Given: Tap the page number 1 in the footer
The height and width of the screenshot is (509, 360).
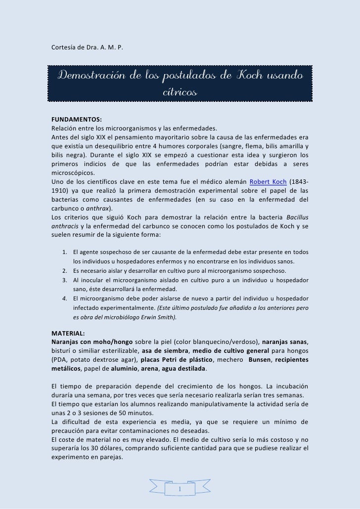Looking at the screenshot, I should [x=180, y=489].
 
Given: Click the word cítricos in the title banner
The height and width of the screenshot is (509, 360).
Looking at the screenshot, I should [x=180, y=92].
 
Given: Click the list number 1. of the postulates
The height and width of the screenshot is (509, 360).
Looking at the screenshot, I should [x=65, y=252].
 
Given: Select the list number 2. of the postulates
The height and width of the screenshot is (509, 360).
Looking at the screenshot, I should [x=65, y=270].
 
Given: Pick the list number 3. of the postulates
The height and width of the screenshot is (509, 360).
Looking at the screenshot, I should [x=65, y=280].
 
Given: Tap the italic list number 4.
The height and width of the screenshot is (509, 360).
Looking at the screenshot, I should [x=65, y=298].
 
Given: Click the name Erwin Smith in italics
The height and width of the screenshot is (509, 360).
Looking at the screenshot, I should [x=160, y=317].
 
